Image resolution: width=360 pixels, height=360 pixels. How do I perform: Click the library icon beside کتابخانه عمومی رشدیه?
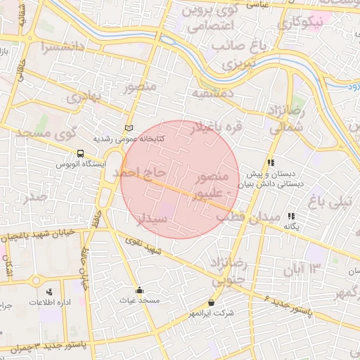pyautogui.click(x=128, y=127)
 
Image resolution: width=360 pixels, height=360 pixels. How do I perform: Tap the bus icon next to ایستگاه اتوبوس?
pyautogui.click(x=82, y=153)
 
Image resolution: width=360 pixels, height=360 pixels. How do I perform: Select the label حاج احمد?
pyautogui.click(x=141, y=172)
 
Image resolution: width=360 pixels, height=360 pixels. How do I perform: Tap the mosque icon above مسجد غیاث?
pyautogui.click(x=139, y=290)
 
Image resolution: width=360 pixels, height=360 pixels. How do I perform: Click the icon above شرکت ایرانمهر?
pyautogui.click(x=211, y=302)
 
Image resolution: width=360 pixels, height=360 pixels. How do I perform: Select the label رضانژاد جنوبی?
pyautogui.click(x=225, y=271)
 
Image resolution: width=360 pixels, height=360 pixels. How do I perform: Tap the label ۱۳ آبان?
pyautogui.click(x=302, y=268)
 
